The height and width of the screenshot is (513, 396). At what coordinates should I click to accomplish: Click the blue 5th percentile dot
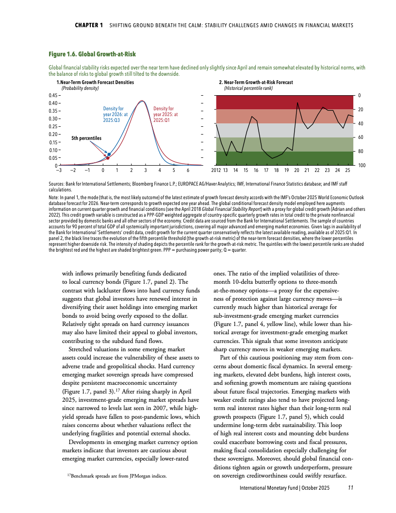click(109, 154)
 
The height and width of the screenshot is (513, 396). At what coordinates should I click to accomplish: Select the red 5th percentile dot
click(108, 158)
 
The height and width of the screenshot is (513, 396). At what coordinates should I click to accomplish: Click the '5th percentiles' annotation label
click(86, 138)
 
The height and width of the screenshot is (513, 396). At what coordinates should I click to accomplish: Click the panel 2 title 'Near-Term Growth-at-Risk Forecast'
click(258, 83)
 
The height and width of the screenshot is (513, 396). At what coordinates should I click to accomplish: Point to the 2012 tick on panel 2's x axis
click(216, 171)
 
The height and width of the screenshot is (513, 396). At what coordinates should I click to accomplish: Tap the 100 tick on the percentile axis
click(362, 166)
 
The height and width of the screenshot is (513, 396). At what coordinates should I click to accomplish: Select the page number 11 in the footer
click(351, 487)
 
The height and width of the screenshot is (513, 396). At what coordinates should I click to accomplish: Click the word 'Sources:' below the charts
click(57, 185)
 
